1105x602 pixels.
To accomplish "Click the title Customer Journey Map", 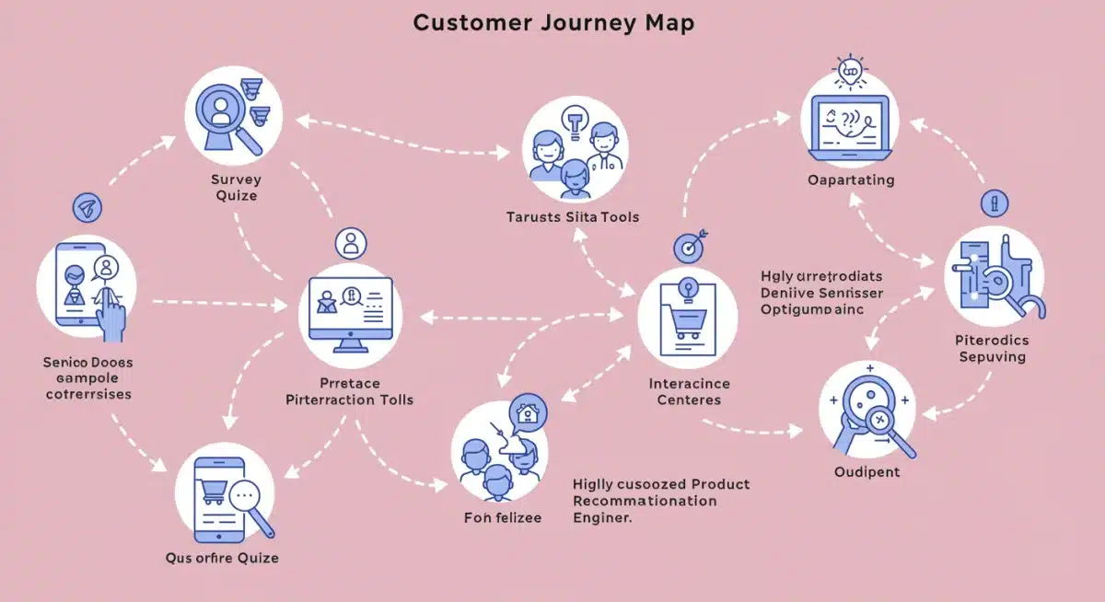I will click(552, 23).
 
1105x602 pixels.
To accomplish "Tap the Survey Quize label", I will click(234, 188).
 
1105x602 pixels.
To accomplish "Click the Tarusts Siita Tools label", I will click(572, 217).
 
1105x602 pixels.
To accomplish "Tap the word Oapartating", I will click(850, 180).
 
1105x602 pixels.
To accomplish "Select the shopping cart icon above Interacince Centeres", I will click(687, 318).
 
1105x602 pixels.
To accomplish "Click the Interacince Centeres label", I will click(689, 391).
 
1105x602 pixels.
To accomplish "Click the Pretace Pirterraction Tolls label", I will click(349, 391).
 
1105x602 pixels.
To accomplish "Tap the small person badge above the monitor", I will click(350, 244).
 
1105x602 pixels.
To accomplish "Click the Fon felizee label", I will click(502, 517).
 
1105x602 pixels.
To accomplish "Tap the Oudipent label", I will click(867, 472).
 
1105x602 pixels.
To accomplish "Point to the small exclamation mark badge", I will click(994, 203).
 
